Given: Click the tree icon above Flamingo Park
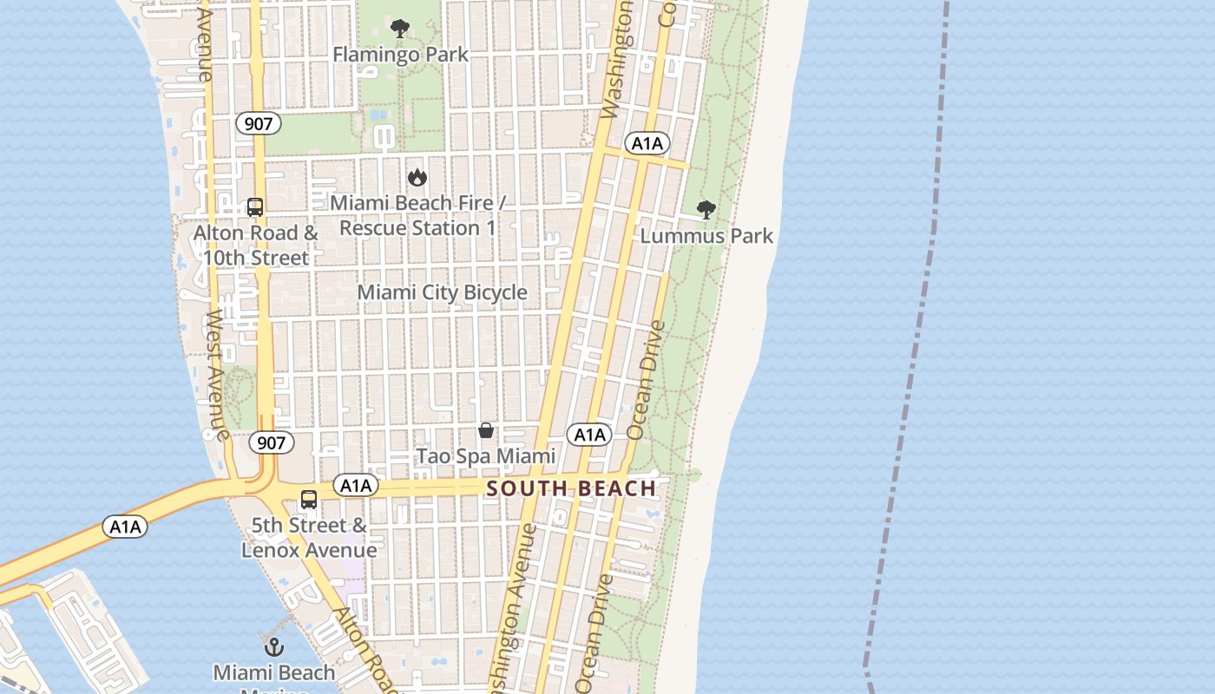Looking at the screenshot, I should [400, 29].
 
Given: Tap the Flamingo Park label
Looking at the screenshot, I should [400, 55].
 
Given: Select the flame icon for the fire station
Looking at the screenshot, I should [417, 177].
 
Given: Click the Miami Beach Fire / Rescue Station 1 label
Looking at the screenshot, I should [417, 215].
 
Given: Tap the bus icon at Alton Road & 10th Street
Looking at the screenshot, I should [255, 207].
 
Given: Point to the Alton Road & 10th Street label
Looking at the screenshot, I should [255, 246].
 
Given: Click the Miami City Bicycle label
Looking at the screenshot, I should [442, 292].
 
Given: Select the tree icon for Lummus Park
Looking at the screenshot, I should [706, 209].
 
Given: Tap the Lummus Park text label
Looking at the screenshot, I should [706, 236].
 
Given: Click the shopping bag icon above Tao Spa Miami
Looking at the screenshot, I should [486, 430].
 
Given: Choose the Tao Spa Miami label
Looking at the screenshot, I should [486, 456].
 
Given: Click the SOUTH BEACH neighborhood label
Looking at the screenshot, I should [571, 488].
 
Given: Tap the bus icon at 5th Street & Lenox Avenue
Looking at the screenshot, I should [309, 500].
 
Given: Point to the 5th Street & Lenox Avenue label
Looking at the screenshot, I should [309, 538].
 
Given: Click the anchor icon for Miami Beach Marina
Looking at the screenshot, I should [274, 647].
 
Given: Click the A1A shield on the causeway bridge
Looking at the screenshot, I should [125, 527].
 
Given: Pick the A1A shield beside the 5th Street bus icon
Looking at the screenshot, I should [356, 486].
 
